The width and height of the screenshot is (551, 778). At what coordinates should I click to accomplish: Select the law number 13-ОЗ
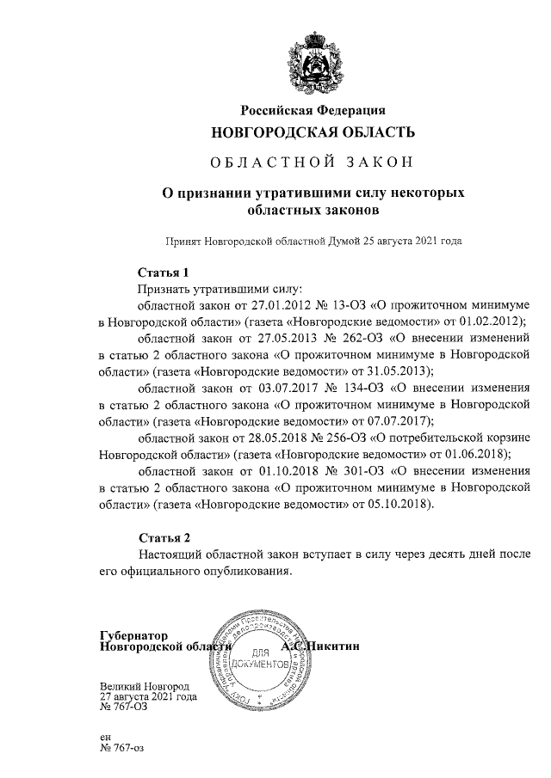[318, 305]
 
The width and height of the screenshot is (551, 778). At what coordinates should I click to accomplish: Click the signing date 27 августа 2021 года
[148, 696]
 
